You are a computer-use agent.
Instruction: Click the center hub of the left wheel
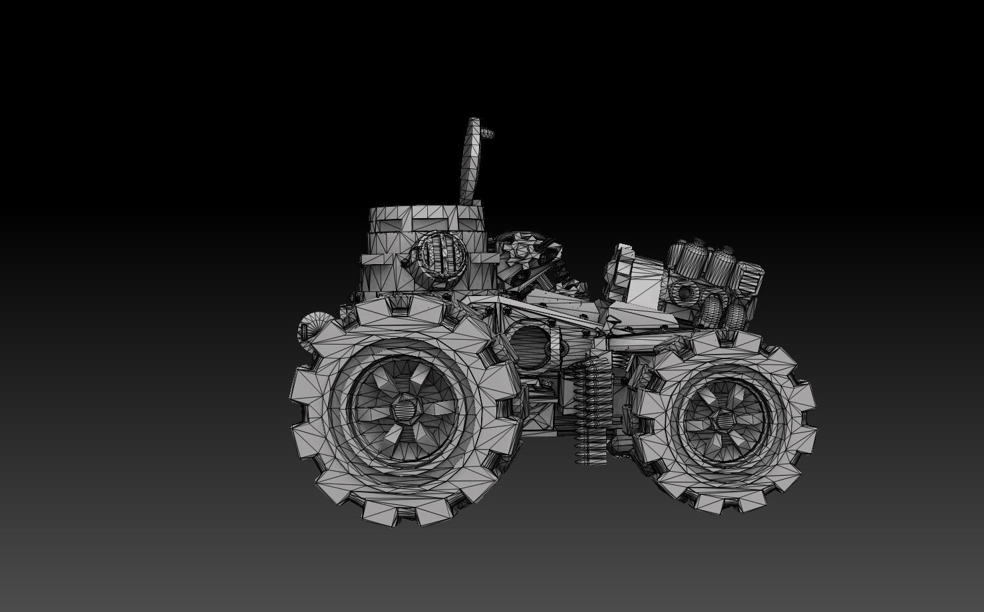(405, 407)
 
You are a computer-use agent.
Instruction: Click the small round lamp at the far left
(310, 330)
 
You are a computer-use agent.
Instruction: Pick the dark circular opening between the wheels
(530, 347)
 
